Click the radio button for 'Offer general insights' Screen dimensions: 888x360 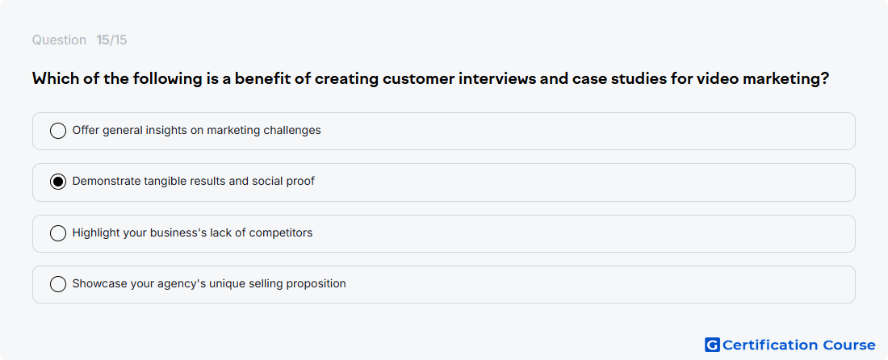(58, 131)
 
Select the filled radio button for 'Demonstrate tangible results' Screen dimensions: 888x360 (58, 182)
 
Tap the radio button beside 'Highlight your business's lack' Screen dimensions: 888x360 (58, 233)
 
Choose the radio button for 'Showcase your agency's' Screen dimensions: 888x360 (58, 284)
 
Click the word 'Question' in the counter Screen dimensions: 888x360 (59, 40)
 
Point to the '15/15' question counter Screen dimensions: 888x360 (111, 40)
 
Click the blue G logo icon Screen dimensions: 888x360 (712, 345)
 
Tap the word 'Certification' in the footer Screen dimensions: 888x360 (770, 345)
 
